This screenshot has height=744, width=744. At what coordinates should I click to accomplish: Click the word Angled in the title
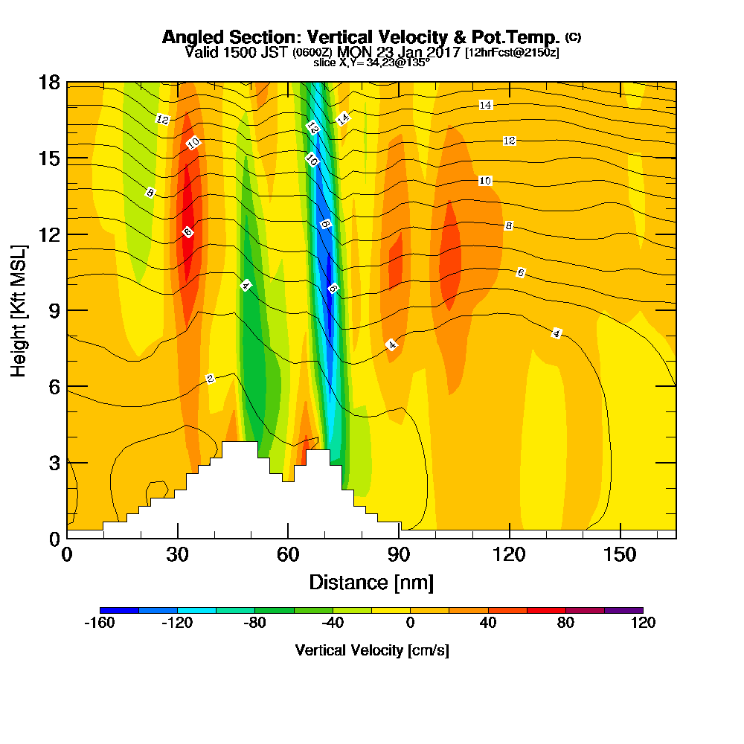pos(190,37)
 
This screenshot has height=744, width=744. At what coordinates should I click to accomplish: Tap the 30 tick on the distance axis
pos(177,555)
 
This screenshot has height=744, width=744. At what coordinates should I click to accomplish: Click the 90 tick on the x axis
pos(399,555)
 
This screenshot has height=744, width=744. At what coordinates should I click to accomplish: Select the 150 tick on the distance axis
pos(620,555)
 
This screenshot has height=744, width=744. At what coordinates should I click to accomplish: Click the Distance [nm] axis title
pos(371,582)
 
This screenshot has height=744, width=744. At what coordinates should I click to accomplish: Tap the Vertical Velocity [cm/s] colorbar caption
pos(372,650)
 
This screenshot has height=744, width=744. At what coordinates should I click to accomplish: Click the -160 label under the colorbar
pos(100,623)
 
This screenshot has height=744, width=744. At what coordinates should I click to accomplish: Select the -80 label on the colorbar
pos(255,623)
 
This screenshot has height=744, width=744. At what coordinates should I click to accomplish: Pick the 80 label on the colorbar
pos(565,623)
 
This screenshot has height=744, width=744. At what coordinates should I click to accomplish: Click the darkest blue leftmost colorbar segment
pos(119,610)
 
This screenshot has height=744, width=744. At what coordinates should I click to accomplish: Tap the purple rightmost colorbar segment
pos(623,610)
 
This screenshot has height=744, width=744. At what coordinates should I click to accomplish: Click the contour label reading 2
pos(211,379)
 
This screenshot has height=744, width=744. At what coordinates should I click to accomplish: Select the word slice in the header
pos(325,63)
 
